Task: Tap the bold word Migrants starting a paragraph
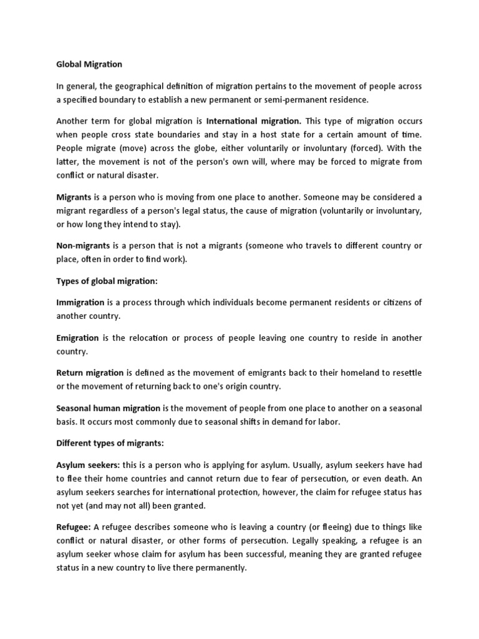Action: coord(74,197)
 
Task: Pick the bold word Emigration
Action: coord(78,338)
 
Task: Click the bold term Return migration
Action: coord(90,373)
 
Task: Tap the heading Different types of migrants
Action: coord(110,442)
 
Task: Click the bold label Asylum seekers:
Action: coord(88,465)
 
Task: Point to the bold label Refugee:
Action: coord(74,527)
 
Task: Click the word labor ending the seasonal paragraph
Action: coord(326,421)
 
